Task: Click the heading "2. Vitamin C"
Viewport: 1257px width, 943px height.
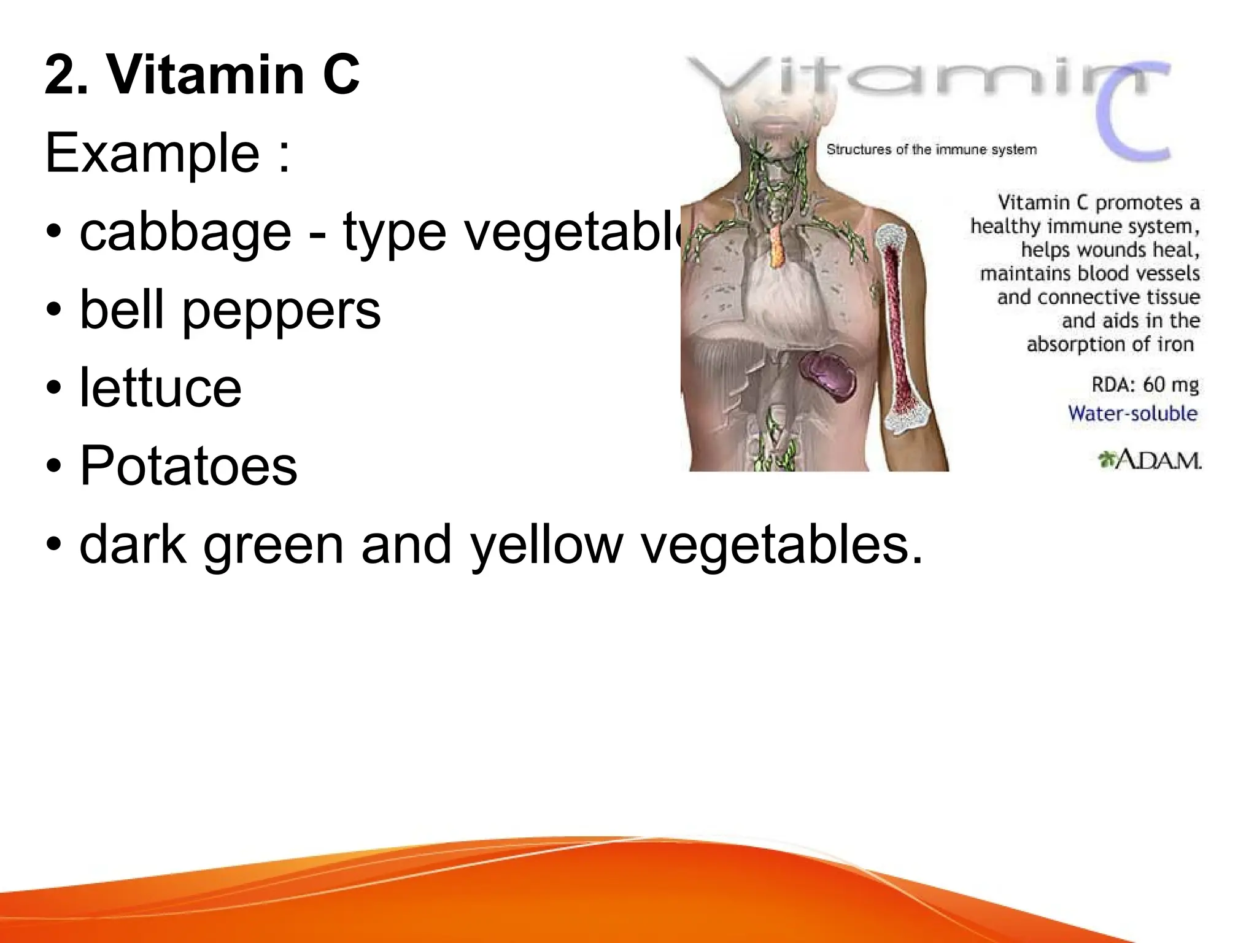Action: tap(203, 75)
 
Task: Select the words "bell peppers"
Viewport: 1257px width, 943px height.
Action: tap(230, 310)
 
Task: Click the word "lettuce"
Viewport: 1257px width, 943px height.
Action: tap(161, 388)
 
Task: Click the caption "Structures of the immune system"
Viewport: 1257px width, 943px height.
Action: tap(931, 149)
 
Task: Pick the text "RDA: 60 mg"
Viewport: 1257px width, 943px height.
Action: tap(1145, 385)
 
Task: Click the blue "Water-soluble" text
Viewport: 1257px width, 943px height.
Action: tap(1132, 413)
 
